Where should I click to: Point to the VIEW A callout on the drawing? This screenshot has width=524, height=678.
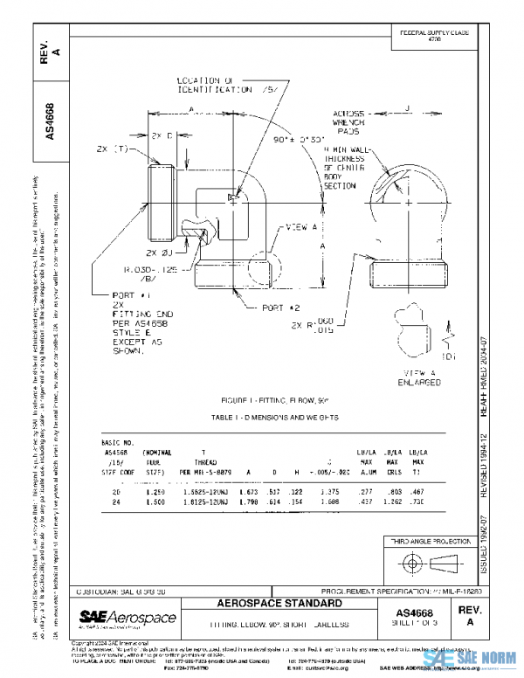point(301,228)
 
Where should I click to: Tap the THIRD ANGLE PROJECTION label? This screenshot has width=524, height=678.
point(425,542)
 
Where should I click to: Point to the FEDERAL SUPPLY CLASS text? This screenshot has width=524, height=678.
point(434,34)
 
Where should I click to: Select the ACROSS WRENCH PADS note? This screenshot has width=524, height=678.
point(352,122)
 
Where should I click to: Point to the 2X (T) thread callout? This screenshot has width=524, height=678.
point(113,149)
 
